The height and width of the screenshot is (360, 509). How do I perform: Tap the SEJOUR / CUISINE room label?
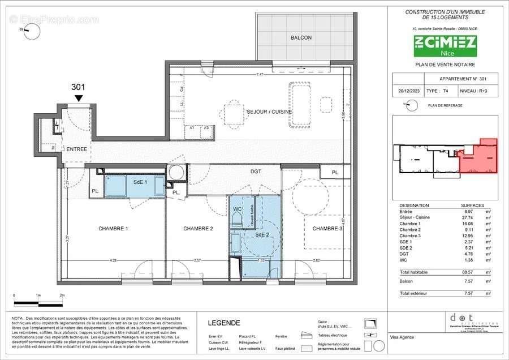tap(269, 112)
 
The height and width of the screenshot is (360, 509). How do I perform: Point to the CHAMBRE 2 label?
tap(198, 229)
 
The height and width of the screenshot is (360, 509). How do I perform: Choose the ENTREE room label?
tap(77, 149)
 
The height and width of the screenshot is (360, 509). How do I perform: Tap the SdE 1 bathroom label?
tap(140, 182)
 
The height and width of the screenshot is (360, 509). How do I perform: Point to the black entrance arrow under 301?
tap(79, 98)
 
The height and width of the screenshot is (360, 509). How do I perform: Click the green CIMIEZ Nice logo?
tap(445, 46)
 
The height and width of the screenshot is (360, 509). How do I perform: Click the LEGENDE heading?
tap(224, 323)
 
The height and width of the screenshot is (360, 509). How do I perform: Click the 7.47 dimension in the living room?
tap(260, 75)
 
